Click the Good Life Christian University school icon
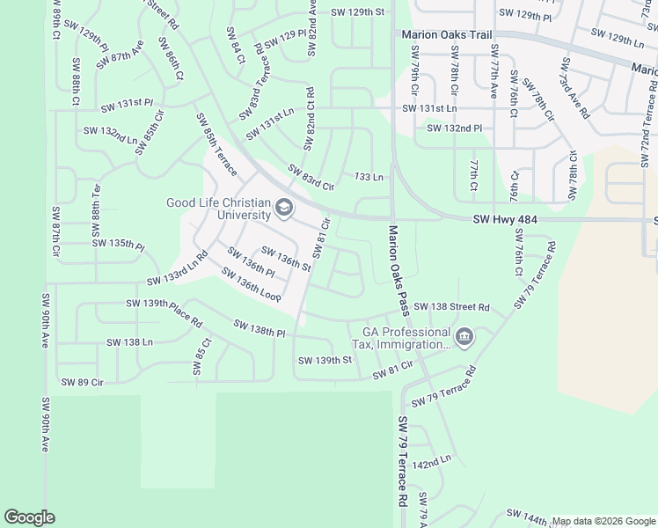coord(283,209)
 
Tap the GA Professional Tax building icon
coord(464,336)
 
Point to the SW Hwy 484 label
coord(504,219)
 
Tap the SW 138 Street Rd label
coord(451,306)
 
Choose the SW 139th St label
coord(325,360)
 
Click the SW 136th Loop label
coord(252,287)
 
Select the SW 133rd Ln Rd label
coord(178,268)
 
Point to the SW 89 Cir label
coord(83,382)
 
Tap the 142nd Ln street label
coord(431,460)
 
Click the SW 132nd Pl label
coord(455,128)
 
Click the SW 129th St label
coord(358,12)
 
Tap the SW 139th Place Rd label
coord(164,309)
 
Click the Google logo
coord(29,517)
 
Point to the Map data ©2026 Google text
coord(603,521)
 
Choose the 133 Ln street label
coord(369,177)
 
